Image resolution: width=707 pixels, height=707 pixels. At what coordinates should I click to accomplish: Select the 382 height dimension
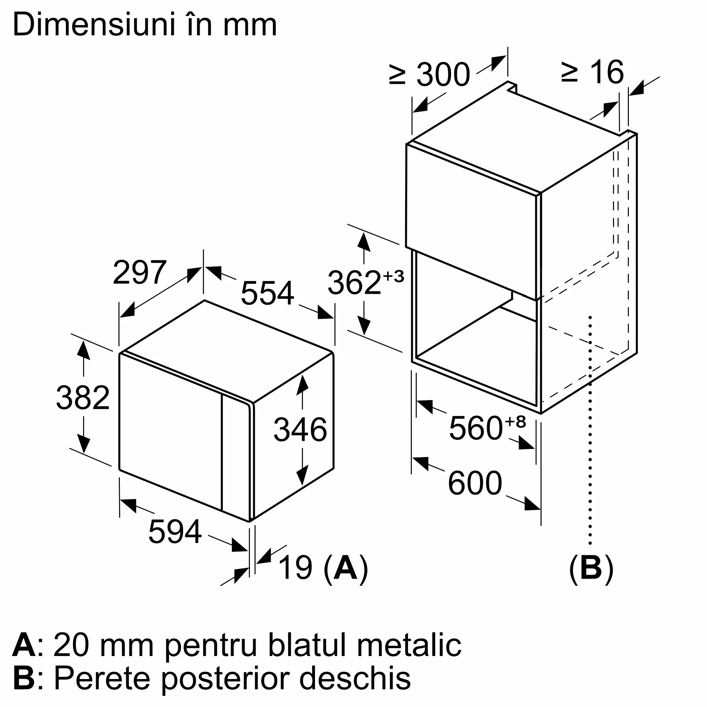[x=83, y=398]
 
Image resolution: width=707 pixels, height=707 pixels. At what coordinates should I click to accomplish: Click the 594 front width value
[x=175, y=532]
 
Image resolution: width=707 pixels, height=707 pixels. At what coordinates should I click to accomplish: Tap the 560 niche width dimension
[x=475, y=428]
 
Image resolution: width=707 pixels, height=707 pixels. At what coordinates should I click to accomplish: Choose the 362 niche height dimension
[x=354, y=282]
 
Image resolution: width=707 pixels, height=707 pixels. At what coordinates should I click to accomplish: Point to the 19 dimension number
[x=295, y=568]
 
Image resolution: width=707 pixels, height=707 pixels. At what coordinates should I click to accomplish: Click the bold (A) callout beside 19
[x=345, y=568]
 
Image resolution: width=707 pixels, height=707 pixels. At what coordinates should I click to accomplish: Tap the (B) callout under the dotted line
[x=591, y=568]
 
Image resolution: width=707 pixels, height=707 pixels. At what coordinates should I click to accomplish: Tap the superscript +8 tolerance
[x=515, y=422]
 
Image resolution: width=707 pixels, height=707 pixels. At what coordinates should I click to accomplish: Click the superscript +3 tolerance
[x=393, y=276]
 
